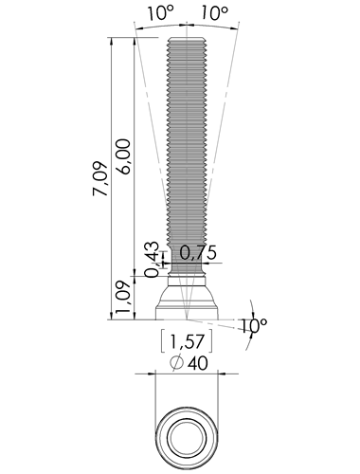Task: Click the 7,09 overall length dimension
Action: [x=100, y=179]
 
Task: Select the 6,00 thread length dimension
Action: [x=122, y=156]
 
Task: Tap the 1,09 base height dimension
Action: [x=122, y=297]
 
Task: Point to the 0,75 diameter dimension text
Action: [x=198, y=252]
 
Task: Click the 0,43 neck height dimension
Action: [x=153, y=260]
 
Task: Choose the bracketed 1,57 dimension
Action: [x=187, y=341]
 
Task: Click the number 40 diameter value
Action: [x=198, y=363]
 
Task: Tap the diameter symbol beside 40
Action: [x=176, y=362]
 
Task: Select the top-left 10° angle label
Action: [x=160, y=13]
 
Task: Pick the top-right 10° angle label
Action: [x=214, y=13]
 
